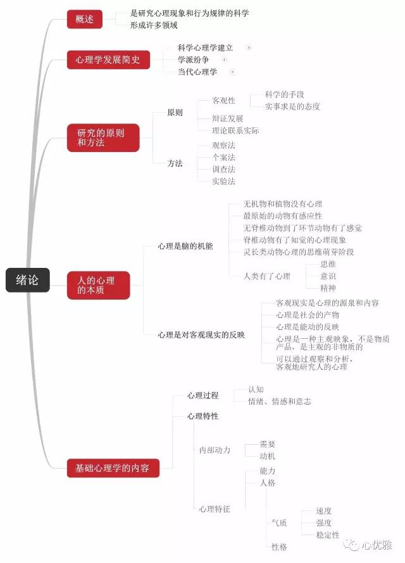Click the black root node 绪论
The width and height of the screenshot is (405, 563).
pos(27,280)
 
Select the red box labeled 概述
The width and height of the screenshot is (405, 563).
pos(84,20)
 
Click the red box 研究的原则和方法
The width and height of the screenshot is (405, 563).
pos(103,138)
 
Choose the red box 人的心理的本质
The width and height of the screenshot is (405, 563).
pos(98,285)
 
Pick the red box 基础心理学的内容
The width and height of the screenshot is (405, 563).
pos(113,469)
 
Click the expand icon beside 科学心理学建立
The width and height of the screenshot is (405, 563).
pos(249,47)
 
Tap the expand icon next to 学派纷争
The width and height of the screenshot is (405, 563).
pos(224,60)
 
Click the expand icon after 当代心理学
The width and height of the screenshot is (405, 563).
pos(232,72)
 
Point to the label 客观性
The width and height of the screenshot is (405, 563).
pos(223,101)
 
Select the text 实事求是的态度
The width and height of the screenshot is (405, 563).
pos(292,106)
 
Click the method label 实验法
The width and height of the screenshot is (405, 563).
pos(223,181)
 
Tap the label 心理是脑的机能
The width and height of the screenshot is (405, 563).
pos(185,246)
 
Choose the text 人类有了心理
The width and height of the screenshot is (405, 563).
pos(266,275)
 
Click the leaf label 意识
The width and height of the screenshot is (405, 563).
pos(328,275)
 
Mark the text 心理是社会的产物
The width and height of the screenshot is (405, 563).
pos(308,315)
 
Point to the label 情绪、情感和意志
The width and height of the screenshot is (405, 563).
pos(279,402)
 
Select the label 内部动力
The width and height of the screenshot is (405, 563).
pos(215,450)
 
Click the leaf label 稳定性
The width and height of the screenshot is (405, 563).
pos(328,535)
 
